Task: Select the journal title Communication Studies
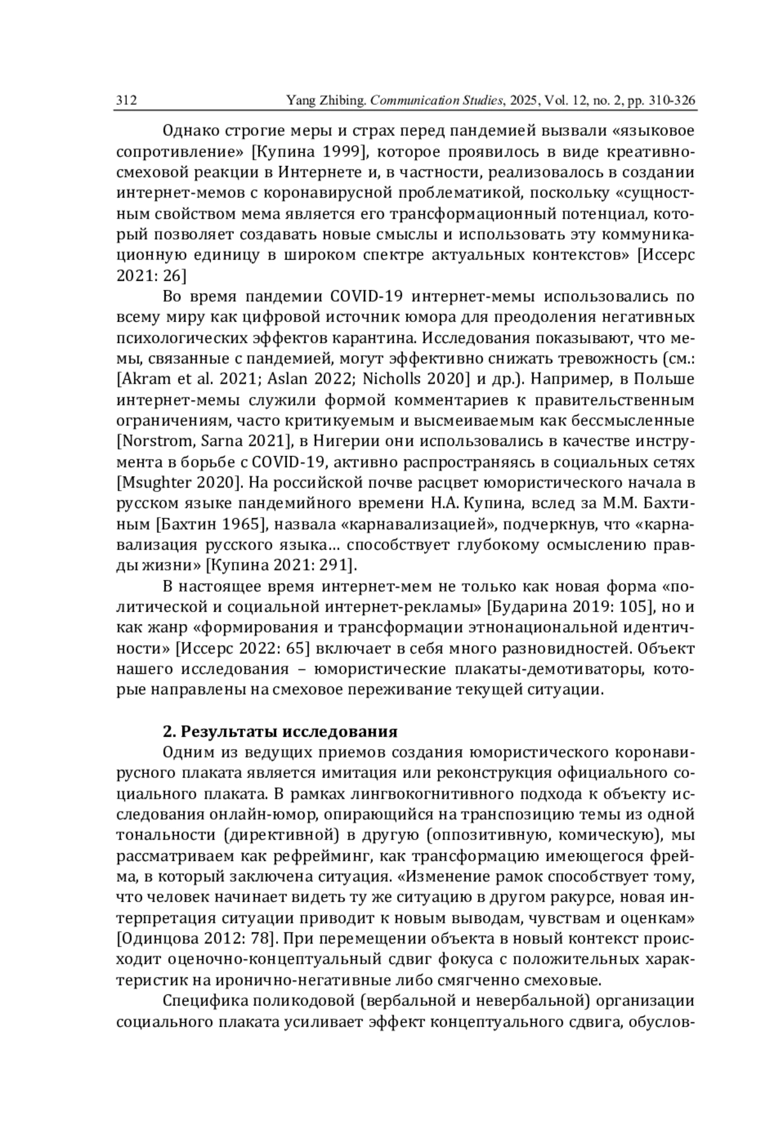coord(437,101)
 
